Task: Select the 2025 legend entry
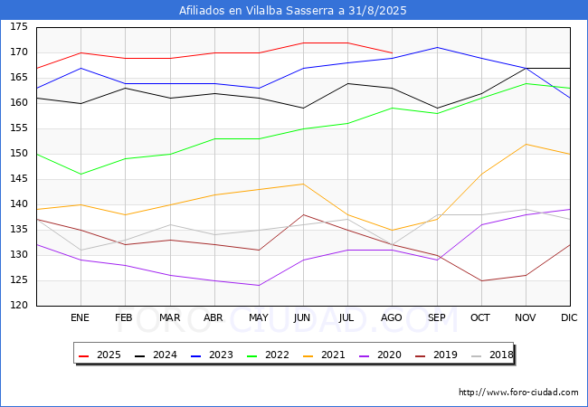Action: pyautogui.click(x=100, y=355)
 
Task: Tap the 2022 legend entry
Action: pyautogui.click(x=268, y=355)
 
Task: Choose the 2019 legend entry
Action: pyautogui.click(x=436, y=355)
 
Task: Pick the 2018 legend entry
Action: pyautogui.click(x=492, y=355)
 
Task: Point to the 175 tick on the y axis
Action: pyautogui.click(x=19, y=26)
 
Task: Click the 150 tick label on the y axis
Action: pyautogui.click(x=19, y=153)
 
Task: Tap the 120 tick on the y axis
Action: pyautogui.click(x=19, y=305)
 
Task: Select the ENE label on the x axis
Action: pyautogui.click(x=80, y=317)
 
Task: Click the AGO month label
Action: pyautogui.click(x=392, y=317)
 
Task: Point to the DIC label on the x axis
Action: pyautogui.click(x=569, y=317)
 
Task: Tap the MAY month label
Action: pyautogui.click(x=259, y=317)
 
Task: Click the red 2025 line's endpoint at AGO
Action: pyautogui.click(x=393, y=52)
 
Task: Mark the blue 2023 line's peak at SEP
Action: pyautogui.click(x=437, y=48)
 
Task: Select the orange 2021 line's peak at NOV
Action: pyautogui.click(x=526, y=144)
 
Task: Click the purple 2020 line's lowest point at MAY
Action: pyautogui.click(x=259, y=286)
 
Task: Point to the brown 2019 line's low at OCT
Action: pyautogui.click(x=481, y=280)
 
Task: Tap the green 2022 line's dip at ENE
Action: pyautogui.click(x=81, y=175)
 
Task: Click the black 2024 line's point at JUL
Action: pyautogui.click(x=348, y=83)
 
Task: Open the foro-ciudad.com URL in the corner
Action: pyautogui.click(x=518, y=393)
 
